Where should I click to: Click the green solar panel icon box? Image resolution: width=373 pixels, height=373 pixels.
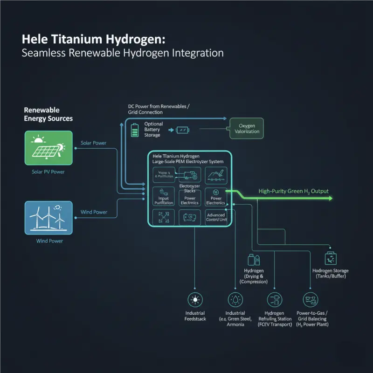pos(48,148)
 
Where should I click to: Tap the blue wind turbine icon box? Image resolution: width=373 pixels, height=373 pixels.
pos(48,218)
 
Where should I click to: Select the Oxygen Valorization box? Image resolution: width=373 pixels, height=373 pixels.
pos(247,128)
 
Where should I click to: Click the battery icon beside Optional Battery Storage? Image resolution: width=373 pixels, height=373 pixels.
pos(135,129)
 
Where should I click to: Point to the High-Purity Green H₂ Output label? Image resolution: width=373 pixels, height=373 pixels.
pos(293,191)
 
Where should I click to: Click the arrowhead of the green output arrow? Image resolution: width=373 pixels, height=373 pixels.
pos(330,198)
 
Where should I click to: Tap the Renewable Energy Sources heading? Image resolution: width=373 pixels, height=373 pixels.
pos(48,114)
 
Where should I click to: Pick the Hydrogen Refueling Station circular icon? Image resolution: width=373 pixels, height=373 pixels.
pos(274,300)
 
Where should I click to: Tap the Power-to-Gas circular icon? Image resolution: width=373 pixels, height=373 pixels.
pos(310,300)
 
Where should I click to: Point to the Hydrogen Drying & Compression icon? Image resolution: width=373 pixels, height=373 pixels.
pos(254,260)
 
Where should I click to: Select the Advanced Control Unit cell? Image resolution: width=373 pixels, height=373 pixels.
pos(216,217)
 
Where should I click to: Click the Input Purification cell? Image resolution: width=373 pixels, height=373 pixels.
pos(163,197)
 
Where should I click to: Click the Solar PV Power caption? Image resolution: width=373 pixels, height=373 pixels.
pos(48,172)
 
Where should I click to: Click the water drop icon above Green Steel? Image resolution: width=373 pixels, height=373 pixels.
pos(235,300)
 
